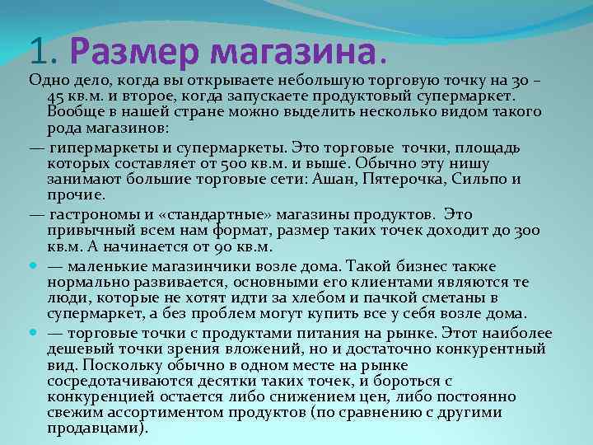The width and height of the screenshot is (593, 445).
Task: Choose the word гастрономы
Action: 87,214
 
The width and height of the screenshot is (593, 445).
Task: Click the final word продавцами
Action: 96,429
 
